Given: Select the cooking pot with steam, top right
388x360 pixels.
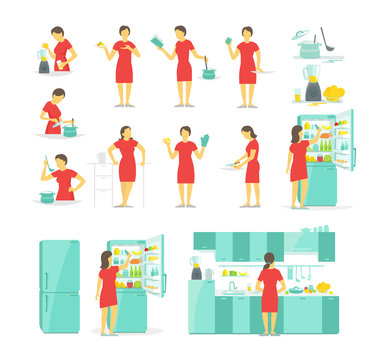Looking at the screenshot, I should [309, 47].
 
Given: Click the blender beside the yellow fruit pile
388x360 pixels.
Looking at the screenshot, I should [312, 84].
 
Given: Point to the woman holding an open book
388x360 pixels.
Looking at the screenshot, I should [182, 65].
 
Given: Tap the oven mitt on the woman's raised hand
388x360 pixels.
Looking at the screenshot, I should [205, 141].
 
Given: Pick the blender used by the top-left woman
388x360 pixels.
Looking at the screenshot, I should [44, 62].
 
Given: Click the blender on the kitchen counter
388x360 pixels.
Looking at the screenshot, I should [196, 268].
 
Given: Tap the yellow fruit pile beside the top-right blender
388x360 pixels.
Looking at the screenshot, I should [334, 94].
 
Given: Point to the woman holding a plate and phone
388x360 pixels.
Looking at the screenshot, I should [123, 65].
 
